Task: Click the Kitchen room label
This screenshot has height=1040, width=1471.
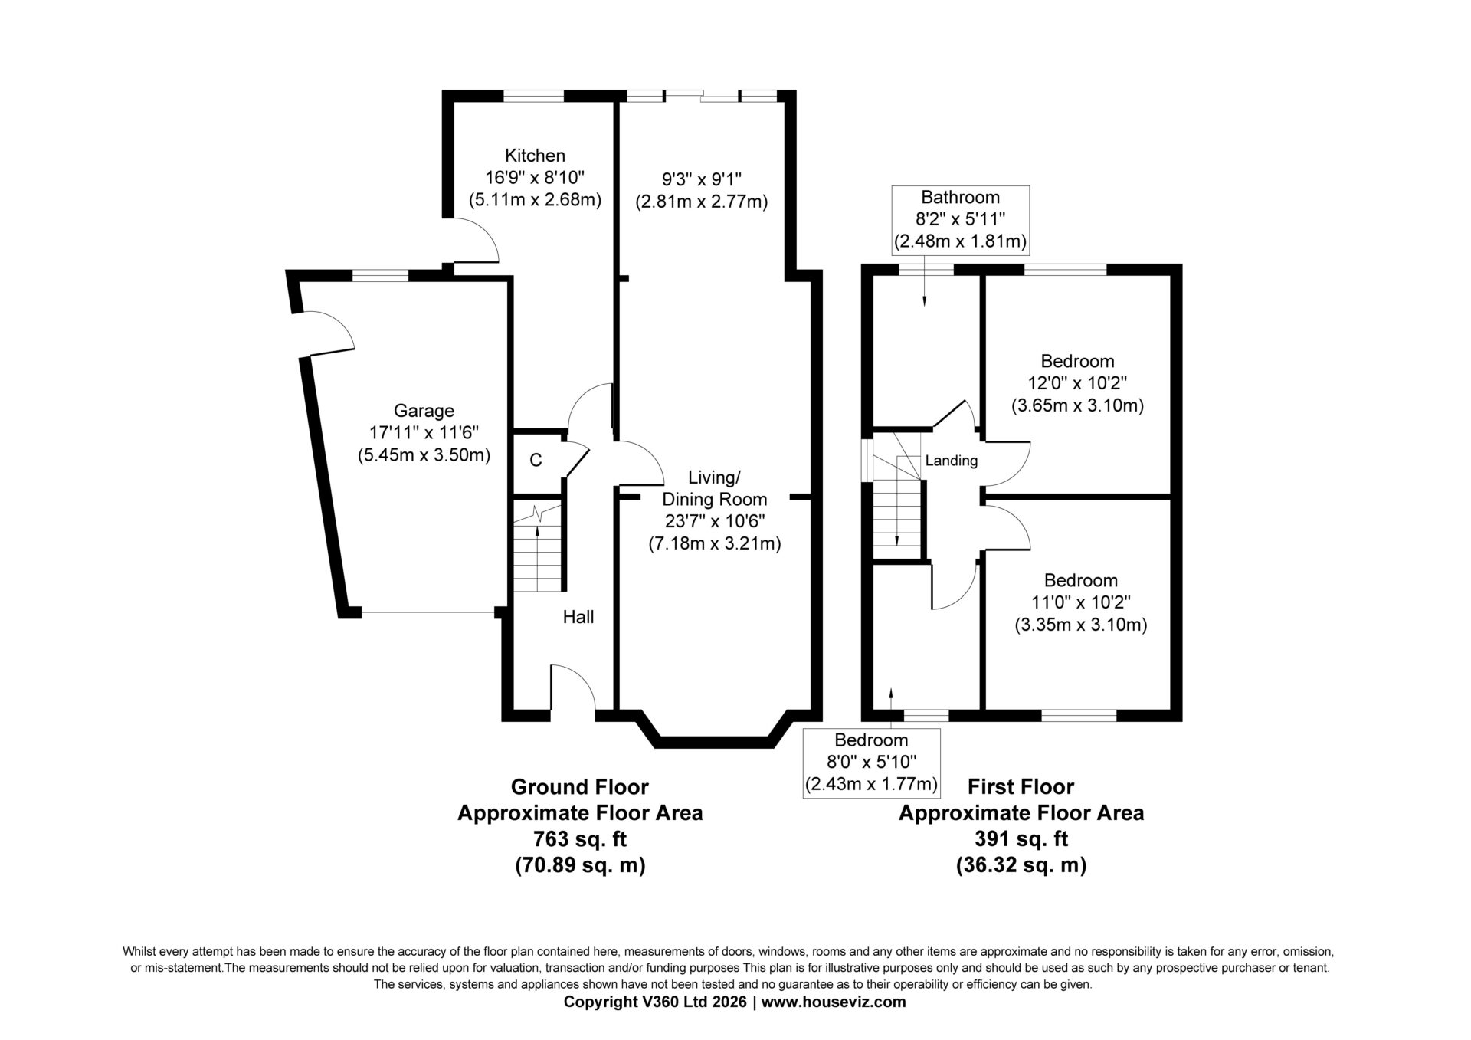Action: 535,156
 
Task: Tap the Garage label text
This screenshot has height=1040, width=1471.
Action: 424,411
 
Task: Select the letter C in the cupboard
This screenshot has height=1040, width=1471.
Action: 536,460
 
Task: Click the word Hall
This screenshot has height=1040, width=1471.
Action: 578,617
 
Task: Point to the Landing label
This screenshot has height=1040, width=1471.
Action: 952,461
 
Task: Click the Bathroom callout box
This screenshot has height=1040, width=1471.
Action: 961,220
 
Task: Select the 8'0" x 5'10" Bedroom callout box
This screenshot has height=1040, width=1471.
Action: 871,763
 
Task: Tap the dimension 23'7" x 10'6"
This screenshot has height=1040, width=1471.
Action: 714,522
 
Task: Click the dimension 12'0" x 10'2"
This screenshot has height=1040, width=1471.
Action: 1077,383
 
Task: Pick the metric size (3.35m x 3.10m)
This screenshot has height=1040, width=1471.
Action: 1080,625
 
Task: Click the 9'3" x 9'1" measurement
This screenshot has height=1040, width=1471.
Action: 702,179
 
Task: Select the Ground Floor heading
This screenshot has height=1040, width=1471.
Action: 579,787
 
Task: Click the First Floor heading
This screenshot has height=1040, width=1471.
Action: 1021,787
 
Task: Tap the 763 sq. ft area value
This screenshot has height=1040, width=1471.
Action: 580,839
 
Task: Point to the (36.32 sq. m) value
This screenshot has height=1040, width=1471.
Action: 1021,865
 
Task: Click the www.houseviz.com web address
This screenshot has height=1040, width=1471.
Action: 834,1002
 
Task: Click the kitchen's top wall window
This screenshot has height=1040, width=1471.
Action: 533,97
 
